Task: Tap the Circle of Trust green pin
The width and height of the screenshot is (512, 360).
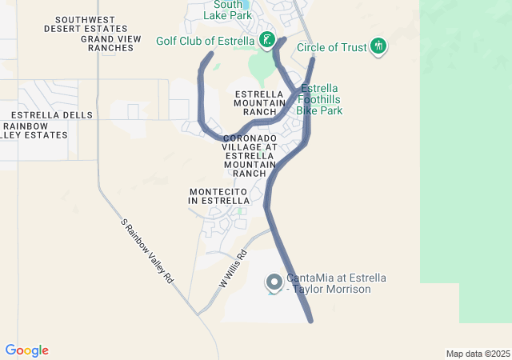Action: pyautogui.click(x=378, y=46)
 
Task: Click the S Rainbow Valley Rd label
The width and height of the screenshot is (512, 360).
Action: pyautogui.click(x=146, y=252)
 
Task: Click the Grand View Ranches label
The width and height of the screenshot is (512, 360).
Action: pyautogui.click(x=106, y=43)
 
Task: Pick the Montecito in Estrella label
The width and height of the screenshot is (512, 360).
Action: pyautogui.click(x=220, y=196)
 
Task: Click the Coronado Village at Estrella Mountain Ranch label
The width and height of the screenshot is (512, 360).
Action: pyautogui.click(x=250, y=155)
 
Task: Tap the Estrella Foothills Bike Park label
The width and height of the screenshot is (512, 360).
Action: pyautogui.click(x=321, y=99)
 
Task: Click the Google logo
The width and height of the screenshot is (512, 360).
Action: pyautogui.click(x=26, y=350)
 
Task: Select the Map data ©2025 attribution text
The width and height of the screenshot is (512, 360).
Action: pyautogui.click(x=478, y=354)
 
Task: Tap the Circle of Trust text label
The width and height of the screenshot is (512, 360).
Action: pyautogui.click(x=331, y=47)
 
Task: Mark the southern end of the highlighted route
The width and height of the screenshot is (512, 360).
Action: pyautogui.click(x=310, y=321)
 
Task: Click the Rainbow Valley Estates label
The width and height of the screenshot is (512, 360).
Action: pyautogui.click(x=34, y=130)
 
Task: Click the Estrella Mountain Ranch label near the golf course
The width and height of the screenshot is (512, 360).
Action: pyautogui.click(x=260, y=103)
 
